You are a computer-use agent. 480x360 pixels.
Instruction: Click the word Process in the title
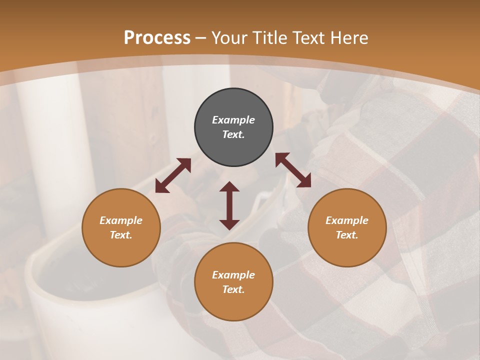[x=157, y=38]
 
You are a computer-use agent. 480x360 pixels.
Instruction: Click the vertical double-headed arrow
[x=229, y=205]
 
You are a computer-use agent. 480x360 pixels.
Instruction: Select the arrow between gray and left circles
[x=173, y=175]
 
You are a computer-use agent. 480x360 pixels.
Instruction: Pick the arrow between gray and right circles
[x=293, y=170]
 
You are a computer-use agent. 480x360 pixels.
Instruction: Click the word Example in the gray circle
[x=233, y=120]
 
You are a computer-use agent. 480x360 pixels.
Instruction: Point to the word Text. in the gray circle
[x=233, y=134]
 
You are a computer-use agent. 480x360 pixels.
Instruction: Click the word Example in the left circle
[x=121, y=220]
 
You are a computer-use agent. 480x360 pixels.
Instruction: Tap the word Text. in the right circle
[x=347, y=235]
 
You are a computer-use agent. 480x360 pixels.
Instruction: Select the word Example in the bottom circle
[x=233, y=275]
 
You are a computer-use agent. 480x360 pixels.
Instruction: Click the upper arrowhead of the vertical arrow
[x=229, y=186]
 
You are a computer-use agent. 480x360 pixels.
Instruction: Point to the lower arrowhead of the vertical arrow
[x=229, y=224]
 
